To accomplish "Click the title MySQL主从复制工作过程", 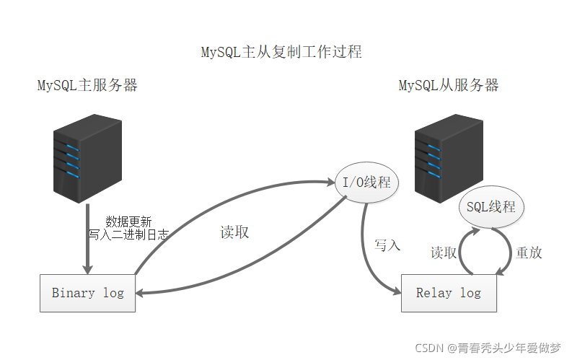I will pyautogui.click(x=281, y=53).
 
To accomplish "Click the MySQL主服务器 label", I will pyautogui.click(x=87, y=86).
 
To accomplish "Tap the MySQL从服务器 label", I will pyautogui.click(x=449, y=86).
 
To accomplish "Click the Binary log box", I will pyautogui.click(x=87, y=293).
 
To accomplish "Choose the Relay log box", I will pyautogui.click(x=449, y=293).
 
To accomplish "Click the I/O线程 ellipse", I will pyautogui.click(x=366, y=183).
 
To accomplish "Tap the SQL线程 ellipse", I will pyautogui.click(x=491, y=207).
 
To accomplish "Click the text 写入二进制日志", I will pyautogui.click(x=128, y=234).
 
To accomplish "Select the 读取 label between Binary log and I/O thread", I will pyautogui.click(x=234, y=233).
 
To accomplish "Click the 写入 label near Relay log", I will pyautogui.click(x=387, y=245).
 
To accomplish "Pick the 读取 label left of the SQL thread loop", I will pyautogui.click(x=444, y=253).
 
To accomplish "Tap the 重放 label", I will pyautogui.click(x=529, y=253).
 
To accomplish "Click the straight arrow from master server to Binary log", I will pyautogui.click(x=87, y=238).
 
